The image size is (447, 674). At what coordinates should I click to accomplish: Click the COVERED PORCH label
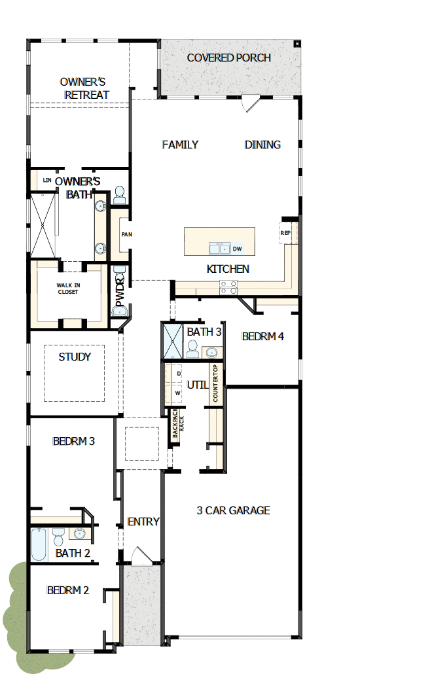tap(228, 58)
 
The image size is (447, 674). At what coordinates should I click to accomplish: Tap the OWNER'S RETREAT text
tap(84, 88)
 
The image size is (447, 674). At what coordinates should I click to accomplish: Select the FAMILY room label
tap(180, 145)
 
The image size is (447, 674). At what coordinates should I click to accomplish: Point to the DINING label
tap(262, 145)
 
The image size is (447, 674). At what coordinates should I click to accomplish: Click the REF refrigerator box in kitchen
tap(286, 233)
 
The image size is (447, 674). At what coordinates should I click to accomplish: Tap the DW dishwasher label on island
tap(237, 249)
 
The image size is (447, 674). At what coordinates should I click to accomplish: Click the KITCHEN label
tap(228, 269)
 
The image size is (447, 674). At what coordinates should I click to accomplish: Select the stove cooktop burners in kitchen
tap(228, 287)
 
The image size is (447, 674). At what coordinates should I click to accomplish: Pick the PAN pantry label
tap(126, 234)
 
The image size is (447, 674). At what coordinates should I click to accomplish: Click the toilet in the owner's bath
tap(119, 194)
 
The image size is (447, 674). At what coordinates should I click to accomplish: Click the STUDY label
tap(75, 357)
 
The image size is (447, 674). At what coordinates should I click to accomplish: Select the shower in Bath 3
tap(173, 342)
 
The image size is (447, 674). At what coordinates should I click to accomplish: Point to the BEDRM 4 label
tap(262, 337)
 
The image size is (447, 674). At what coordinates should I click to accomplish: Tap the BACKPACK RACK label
tap(174, 426)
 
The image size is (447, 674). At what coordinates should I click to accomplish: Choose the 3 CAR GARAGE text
tap(233, 510)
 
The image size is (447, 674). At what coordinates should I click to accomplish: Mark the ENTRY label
tap(143, 522)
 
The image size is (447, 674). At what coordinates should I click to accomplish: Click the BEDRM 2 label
tap(68, 590)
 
